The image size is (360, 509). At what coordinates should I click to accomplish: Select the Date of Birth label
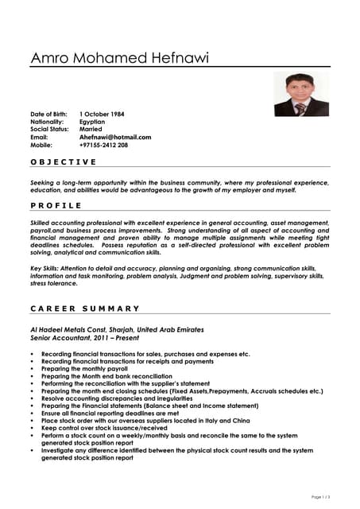(x=48, y=115)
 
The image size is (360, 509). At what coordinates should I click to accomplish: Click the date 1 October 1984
(x=102, y=115)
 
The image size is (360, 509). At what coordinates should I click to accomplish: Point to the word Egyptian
(x=94, y=122)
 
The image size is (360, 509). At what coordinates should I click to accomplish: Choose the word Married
(x=91, y=129)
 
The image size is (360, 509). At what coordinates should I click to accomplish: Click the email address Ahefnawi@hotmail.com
(x=115, y=137)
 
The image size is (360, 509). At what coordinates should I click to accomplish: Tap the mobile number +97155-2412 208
(x=103, y=145)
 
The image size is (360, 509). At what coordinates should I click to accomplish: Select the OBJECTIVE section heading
(x=63, y=161)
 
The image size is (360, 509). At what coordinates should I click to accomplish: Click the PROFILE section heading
(x=54, y=204)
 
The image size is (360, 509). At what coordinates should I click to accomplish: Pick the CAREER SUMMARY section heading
(x=85, y=308)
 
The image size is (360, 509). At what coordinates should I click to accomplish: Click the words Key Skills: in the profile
(x=47, y=269)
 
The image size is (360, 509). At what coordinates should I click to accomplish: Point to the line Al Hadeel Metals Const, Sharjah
(x=117, y=329)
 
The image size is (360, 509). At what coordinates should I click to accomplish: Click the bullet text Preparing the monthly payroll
(x=83, y=369)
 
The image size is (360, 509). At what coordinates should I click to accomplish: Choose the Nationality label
(x=47, y=122)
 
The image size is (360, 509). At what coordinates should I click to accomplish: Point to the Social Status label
(x=49, y=129)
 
